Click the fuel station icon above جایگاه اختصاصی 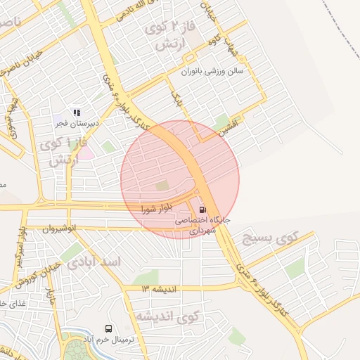pyautogui.click(x=202, y=210)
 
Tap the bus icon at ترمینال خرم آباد pyautogui.click(x=108, y=328)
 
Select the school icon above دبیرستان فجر pyautogui.click(x=77, y=112)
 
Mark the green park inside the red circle pyautogui.click(x=162, y=186)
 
